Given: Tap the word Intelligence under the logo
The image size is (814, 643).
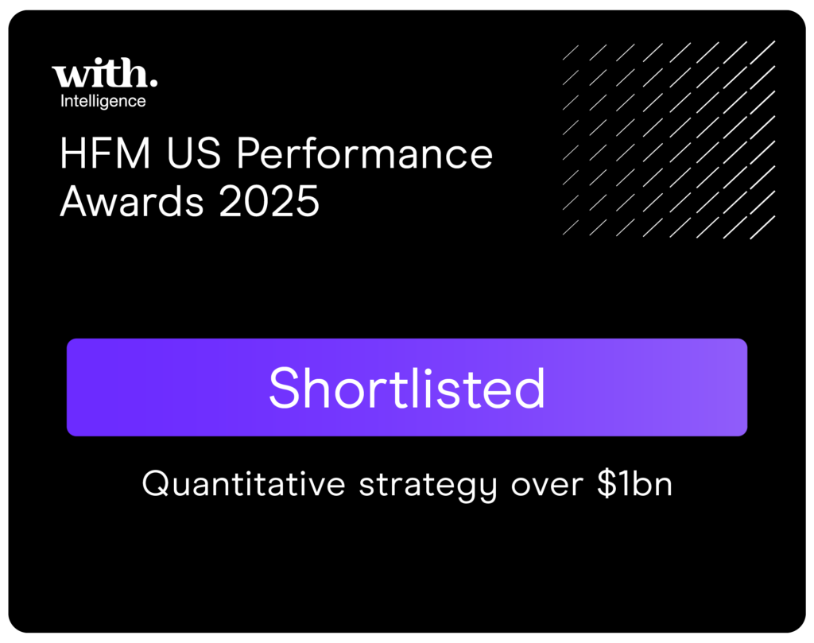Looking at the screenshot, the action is tap(103, 101).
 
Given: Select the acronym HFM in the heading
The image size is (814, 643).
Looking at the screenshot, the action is tap(106, 153).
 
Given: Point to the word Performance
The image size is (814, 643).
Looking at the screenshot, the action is tap(365, 153).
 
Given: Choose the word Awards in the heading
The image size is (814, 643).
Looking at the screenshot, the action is tap(132, 201).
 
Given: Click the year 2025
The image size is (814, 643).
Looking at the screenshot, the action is tap(269, 201).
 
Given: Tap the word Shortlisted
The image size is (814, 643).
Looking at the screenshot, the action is tap(407, 388).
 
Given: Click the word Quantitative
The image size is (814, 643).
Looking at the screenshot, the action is tap(243, 484).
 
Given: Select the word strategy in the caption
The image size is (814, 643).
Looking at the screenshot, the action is tap(428, 486).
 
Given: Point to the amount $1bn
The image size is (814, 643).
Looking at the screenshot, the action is tap(634, 484).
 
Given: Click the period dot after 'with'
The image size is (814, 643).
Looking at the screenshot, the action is tap(153, 82).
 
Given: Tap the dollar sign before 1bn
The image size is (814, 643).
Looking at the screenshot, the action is tap(607, 483).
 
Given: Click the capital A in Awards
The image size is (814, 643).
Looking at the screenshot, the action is tap(76, 201).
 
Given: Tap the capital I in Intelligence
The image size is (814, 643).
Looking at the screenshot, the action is tap(62, 100).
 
